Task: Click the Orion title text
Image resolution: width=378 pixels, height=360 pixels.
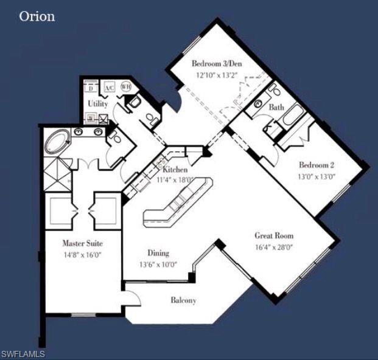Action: [x=37, y=16]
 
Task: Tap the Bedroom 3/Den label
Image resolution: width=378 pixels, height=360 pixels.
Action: [x=215, y=63]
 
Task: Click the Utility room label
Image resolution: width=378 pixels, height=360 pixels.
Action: [x=97, y=104]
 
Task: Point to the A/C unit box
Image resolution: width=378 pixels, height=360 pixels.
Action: [x=110, y=88]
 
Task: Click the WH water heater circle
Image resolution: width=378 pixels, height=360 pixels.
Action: [x=126, y=87]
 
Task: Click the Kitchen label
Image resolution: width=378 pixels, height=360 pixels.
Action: [x=175, y=170]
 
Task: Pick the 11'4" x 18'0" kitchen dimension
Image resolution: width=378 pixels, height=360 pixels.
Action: [x=175, y=179]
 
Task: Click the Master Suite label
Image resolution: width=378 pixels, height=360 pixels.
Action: [x=78, y=243]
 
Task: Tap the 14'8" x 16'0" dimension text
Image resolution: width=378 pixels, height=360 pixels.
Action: [x=78, y=255]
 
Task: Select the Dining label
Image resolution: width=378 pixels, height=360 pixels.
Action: [x=158, y=253]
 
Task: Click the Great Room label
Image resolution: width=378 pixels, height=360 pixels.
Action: [x=274, y=235]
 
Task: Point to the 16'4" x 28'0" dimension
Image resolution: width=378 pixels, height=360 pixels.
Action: [x=274, y=247]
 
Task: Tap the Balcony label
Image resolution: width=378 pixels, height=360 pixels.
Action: [x=183, y=300]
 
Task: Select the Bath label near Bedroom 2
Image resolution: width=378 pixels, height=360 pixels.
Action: [x=276, y=107]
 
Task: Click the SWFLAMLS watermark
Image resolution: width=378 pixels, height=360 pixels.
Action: [x=23, y=353]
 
